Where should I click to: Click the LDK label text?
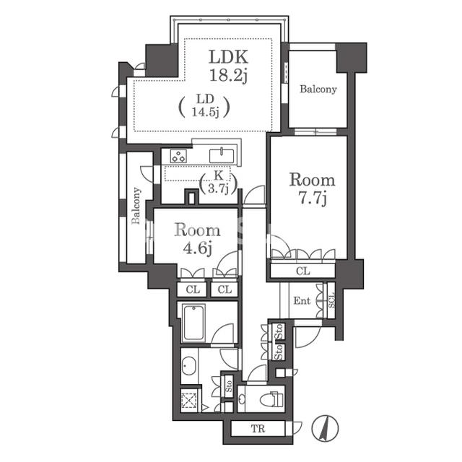pyautogui.click(x=228, y=57)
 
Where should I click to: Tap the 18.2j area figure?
pyautogui.click(x=228, y=75)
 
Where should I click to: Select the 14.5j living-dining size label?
pyautogui.click(x=205, y=112)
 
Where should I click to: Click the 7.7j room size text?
pyautogui.click(x=313, y=199)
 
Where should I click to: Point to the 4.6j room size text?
pyautogui.click(x=197, y=248)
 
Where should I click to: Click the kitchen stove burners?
pyautogui.click(x=178, y=156)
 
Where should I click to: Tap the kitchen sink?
pyautogui.click(x=222, y=156)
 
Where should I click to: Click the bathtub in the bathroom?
pyautogui.click(x=193, y=322)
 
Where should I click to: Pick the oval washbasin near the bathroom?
pyautogui.click(x=188, y=366)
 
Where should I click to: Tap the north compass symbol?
pyautogui.click(x=326, y=428)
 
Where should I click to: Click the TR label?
pyautogui.click(x=258, y=428)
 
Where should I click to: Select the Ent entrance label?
pyautogui.click(x=302, y=300)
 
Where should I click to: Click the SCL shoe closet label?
pyautogui.click(x=331, y=300)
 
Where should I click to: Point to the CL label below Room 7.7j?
pyautogui.click(x=303, y=271)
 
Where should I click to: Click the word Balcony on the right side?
pyautogui.click(x=318, y=89)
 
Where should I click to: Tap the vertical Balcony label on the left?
pyautogui.click(x=136, y=205)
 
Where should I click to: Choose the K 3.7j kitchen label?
pyautogui.click(x=218, y=182)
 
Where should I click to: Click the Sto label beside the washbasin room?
pyautogui.click(x=229, y=385)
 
